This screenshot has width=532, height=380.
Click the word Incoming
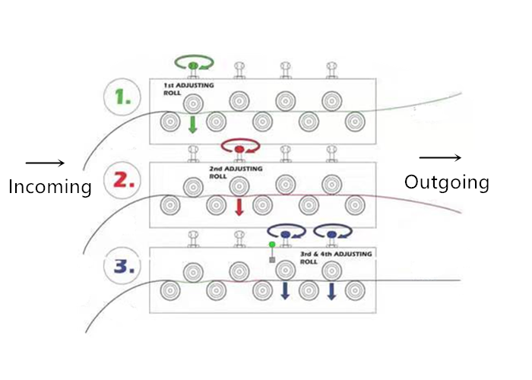pos(50,187)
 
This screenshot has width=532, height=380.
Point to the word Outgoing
pos(446,182)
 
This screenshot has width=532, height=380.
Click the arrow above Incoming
pos(46,163)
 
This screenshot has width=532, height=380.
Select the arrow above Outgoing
pos(440,157)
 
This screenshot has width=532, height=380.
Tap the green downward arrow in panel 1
pos(192,124)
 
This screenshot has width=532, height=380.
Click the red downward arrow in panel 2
pos(239,207)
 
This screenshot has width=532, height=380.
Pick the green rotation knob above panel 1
pos(193,65)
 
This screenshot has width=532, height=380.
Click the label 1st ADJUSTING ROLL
pos(188,89)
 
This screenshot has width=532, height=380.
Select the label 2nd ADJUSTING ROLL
pos(235,172)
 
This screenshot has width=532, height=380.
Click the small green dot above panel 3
pos(272,244)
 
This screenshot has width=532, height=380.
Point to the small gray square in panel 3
pos(272,260)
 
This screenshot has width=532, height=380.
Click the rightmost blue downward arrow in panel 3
pos(331,290)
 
